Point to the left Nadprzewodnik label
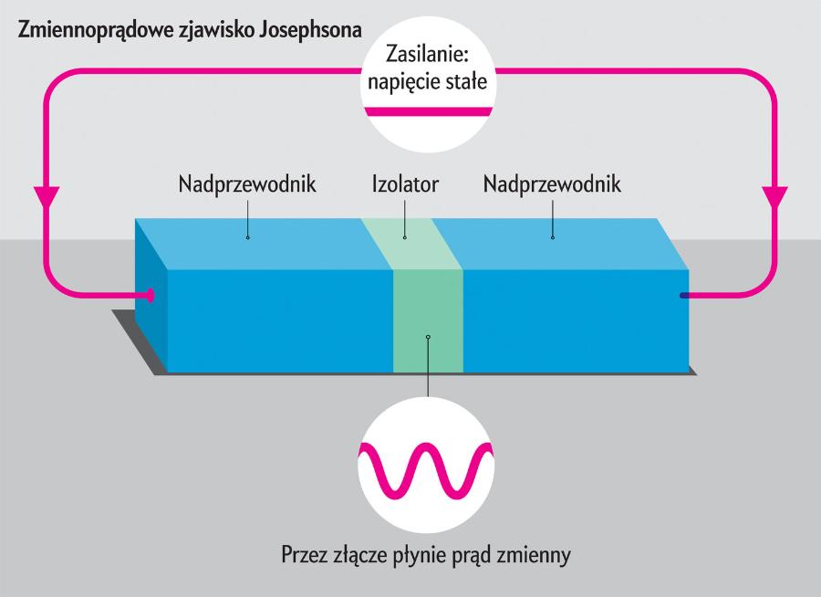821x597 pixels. (x=247, y=185)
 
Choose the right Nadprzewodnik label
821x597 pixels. (x=553, y=185)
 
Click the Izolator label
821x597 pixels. (x=406, y=185)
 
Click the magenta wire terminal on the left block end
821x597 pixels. (x=149, y=295)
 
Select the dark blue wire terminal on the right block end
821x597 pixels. (x=683, y=295)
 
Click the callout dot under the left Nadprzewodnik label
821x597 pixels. (x=247, y=238)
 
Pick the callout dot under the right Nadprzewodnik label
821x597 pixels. (x=553, y=238)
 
